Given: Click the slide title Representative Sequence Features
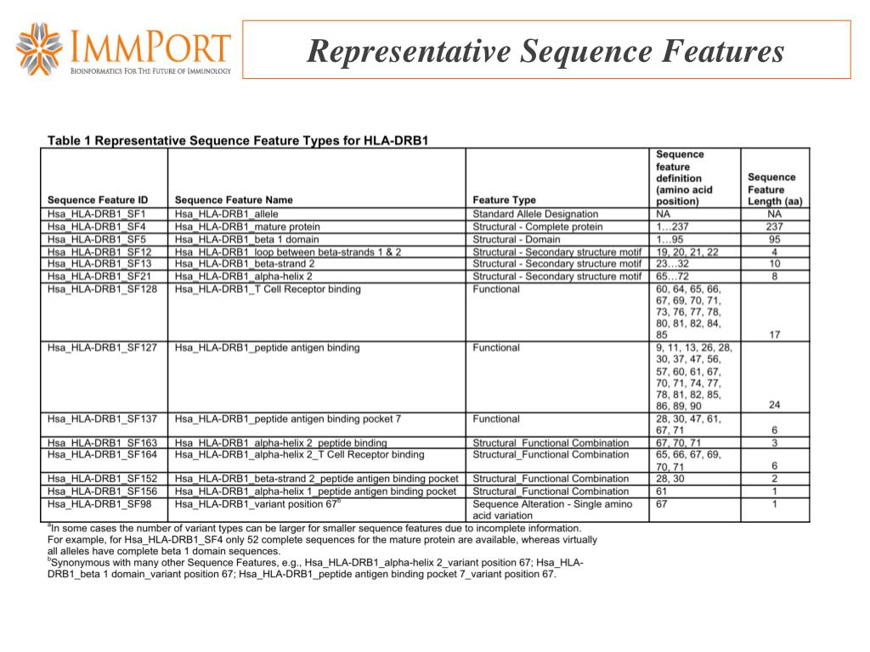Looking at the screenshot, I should click(545, 52).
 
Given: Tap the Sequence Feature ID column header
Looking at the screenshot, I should click(98, 200).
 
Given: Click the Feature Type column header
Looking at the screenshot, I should click(504, 200).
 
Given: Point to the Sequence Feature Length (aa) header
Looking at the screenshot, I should click(774, 189).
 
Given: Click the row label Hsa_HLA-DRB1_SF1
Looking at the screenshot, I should click(97, 215).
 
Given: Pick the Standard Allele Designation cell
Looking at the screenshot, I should click(535, 215).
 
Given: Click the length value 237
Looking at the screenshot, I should click(774, 227).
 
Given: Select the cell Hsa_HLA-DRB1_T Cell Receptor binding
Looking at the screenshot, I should click(268, 289).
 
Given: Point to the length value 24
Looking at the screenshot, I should click(774, 405).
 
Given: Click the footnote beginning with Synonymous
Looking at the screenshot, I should click(314, 568).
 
